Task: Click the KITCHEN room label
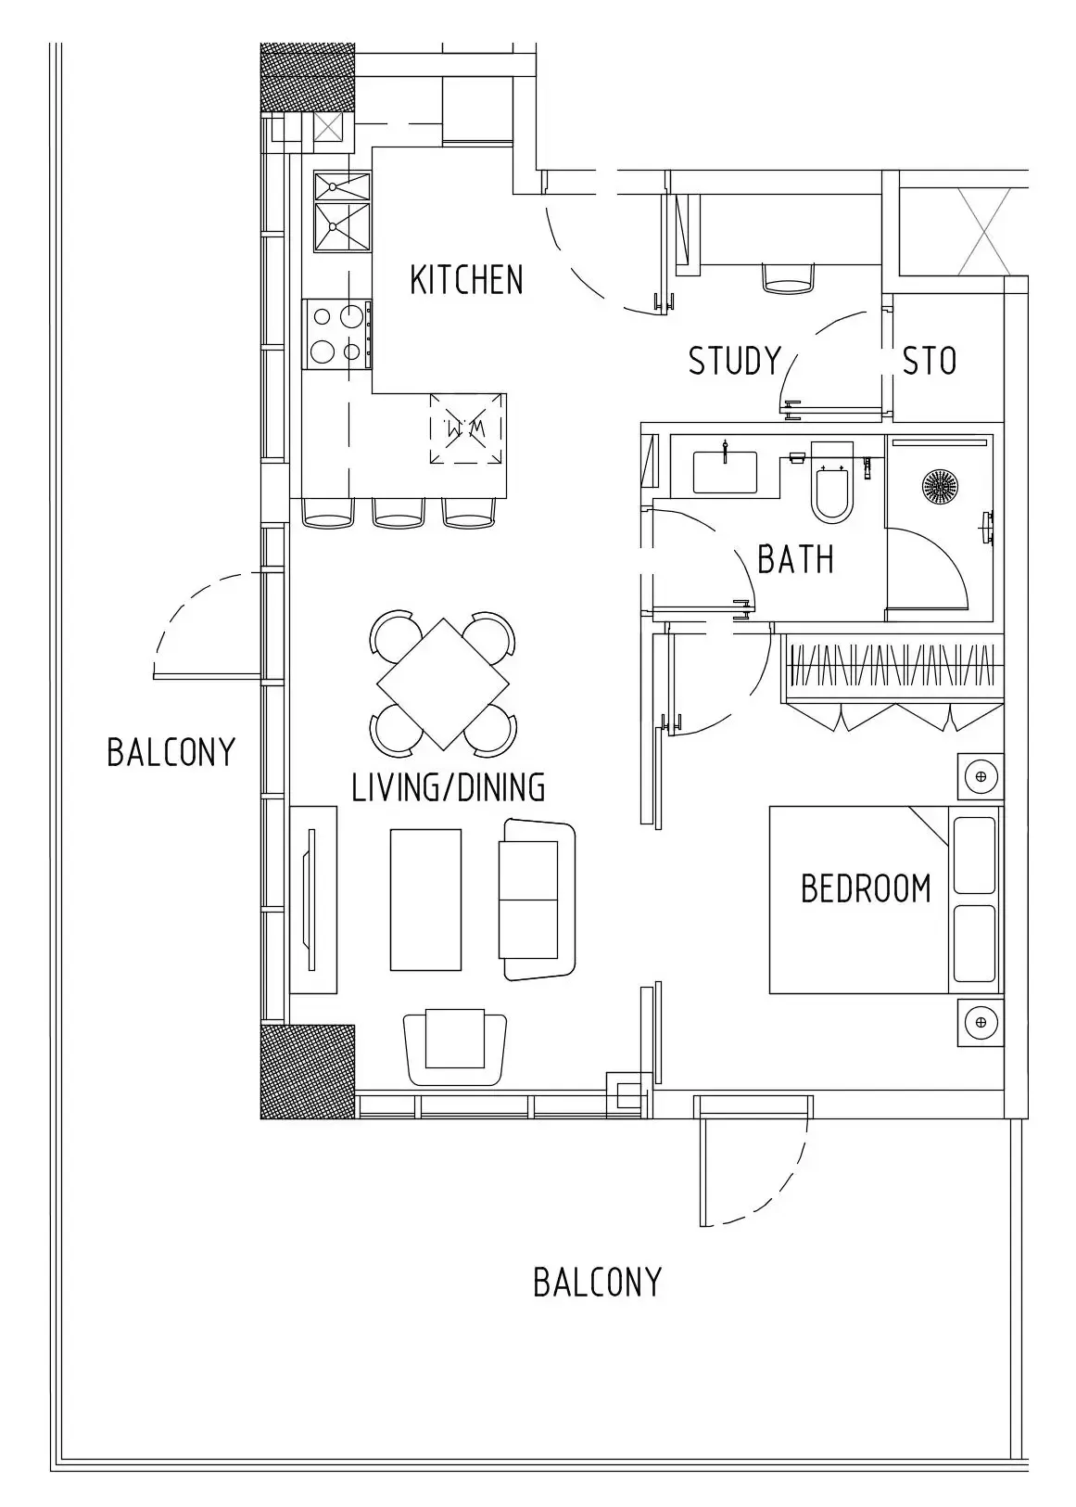(466, 280)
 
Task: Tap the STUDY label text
(734, 361)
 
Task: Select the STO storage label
(929, 362)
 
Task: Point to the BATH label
(795, 559)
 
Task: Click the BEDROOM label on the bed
(866, 888)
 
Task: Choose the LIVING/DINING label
(448, 787)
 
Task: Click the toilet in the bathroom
(832, 481)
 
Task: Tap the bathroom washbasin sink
(725, 472)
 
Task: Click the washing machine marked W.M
(467, 428)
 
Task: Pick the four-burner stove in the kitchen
(337, 334)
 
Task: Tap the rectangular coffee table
(425, 900)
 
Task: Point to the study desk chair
(788, 277)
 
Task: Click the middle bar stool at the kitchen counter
(399, 513)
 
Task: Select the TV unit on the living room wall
(312, 900)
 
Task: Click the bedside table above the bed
(981, 776)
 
